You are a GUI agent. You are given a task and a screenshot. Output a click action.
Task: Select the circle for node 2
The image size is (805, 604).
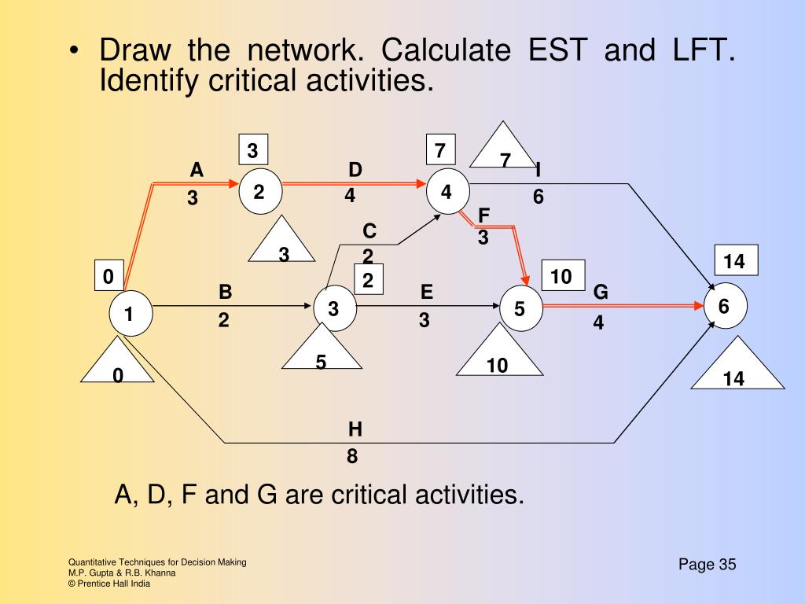point(259,191)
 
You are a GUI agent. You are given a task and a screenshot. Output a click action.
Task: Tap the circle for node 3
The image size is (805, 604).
point(334,309)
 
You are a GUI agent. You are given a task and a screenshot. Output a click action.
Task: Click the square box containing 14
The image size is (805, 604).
point(734,262)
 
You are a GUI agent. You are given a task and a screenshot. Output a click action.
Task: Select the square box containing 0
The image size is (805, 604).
point(108,276)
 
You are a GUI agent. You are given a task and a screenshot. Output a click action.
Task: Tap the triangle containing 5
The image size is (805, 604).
point(322,350)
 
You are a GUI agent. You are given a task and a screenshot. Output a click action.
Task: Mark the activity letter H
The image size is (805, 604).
point(355,429)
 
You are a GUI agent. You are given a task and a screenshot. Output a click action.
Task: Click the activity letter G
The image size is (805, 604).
point(601,293)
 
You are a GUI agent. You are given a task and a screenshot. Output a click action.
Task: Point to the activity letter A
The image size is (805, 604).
point(197,171)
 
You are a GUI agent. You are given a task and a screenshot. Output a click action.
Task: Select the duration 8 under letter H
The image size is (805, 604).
point(352,457)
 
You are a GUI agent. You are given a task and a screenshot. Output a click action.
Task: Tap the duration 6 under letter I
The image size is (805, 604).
point(538,197)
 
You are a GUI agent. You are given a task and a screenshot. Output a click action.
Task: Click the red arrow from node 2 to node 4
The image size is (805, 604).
point(354,184)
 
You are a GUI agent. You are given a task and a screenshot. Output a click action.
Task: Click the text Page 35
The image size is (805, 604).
point(707,565)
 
